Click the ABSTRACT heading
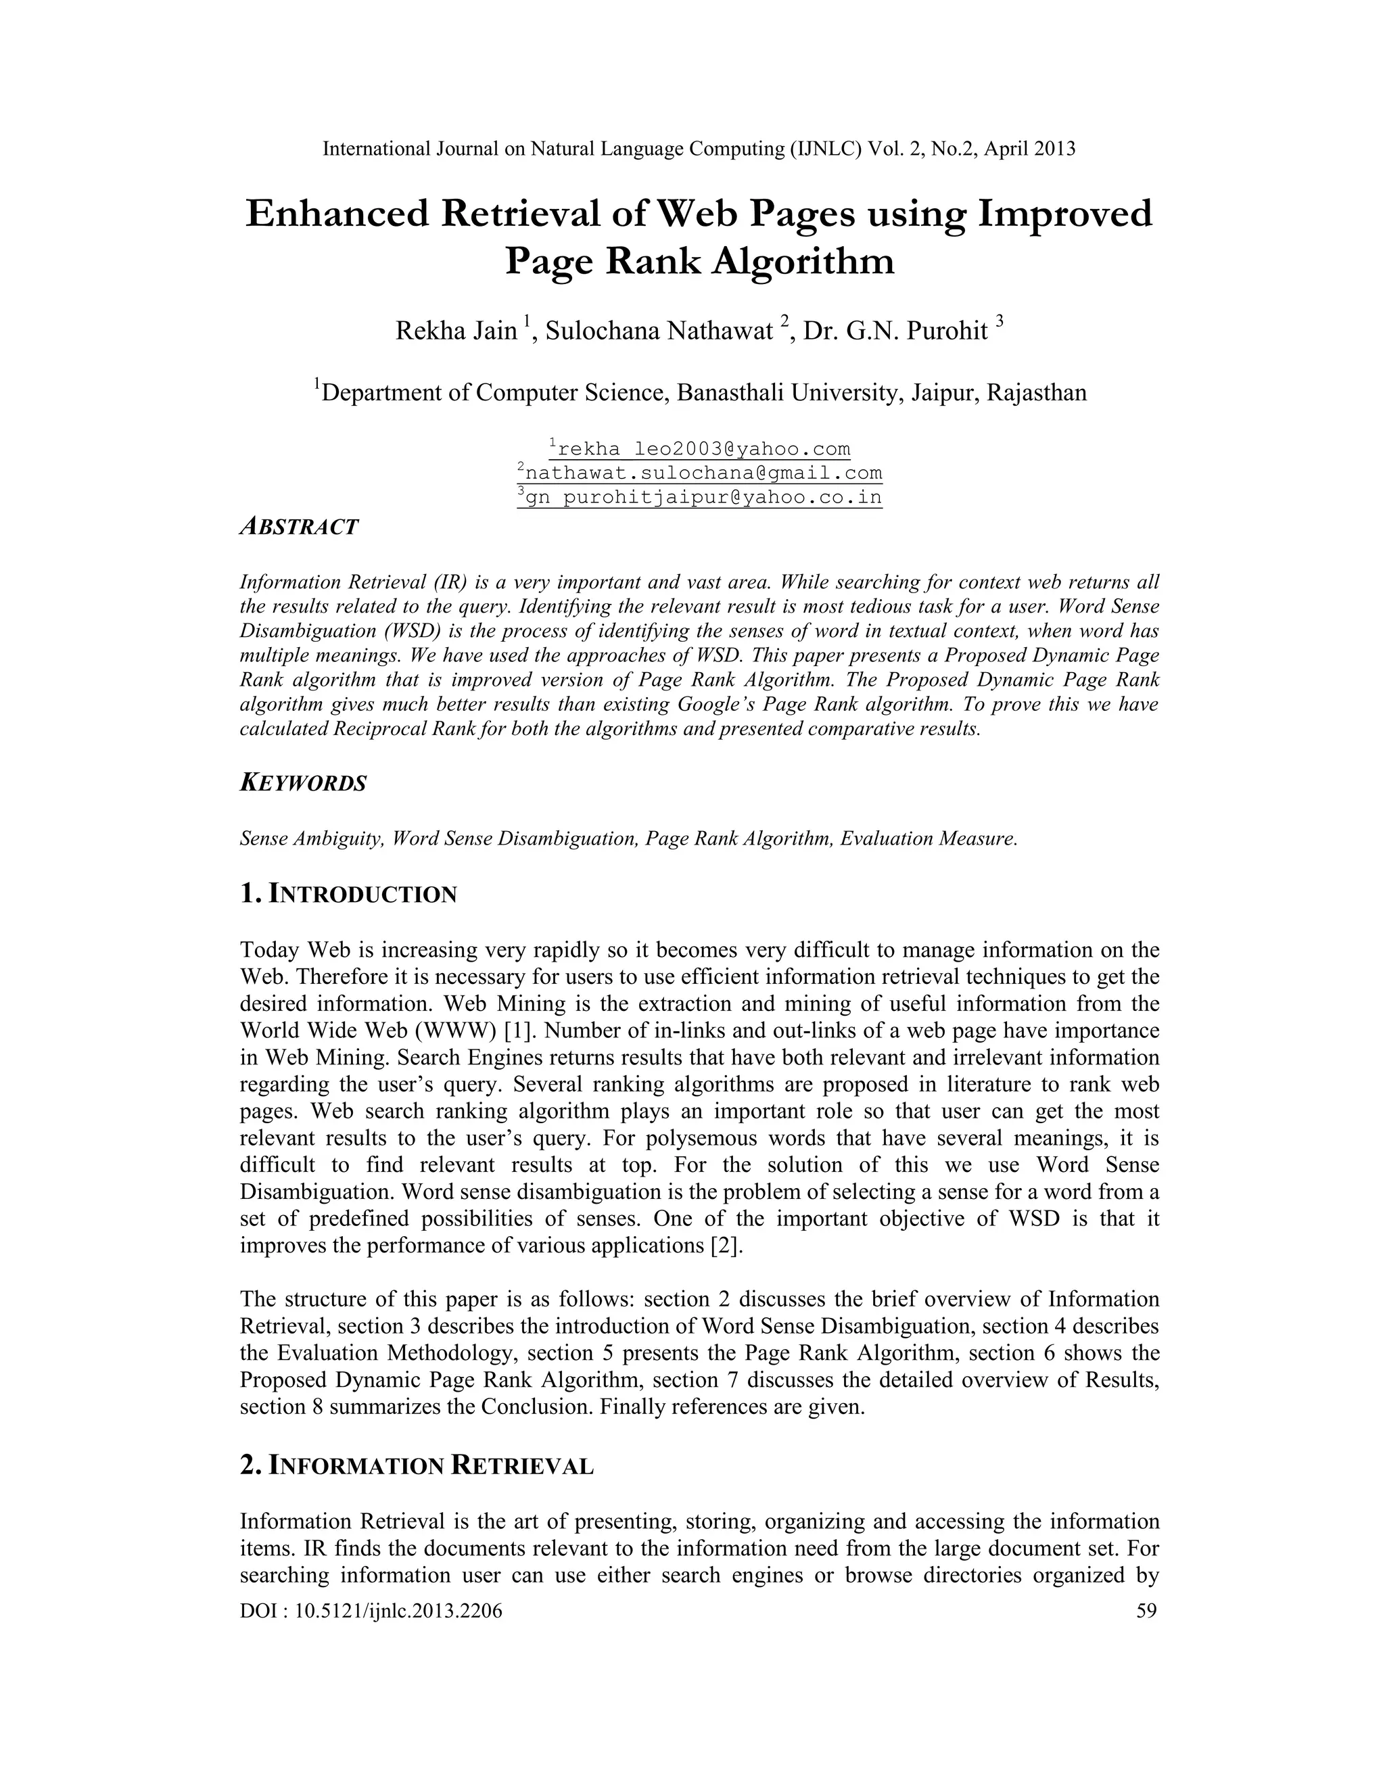pos(299,527)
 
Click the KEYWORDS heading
pos(303,783)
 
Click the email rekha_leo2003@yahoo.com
pos(700,449)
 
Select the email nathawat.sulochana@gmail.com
pos(700,473)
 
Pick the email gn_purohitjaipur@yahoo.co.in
pos(700,497)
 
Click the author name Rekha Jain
pos(456,331)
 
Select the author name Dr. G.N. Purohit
pos(895,331)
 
